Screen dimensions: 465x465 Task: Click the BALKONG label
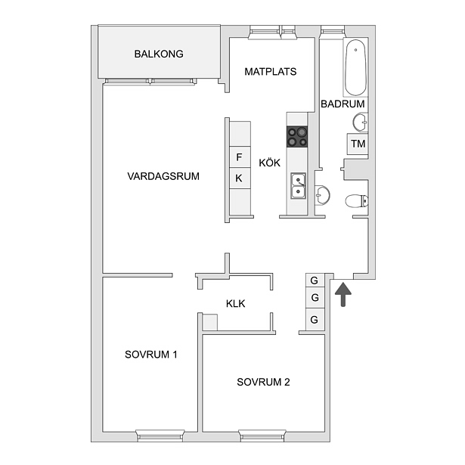pyautogui.click(x=159, y=54)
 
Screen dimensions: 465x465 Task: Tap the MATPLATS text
pyautogui.click(x=271, y=72)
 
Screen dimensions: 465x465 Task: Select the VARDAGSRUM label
pyautogui.click(x=163, y=176)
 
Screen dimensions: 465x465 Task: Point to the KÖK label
pyautogui.click(x=270, y=163)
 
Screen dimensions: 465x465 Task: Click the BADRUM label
pyautogui.click(x=343, y=104)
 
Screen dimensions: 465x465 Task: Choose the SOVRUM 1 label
pyautogui.click(x=151, y=355)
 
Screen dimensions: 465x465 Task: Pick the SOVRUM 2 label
pyautogui.click(x=263, y=382)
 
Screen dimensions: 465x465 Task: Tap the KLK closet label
pyautogui.click(x=235, y=304)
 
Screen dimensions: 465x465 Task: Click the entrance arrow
pyautogui.click(x=343, y=294)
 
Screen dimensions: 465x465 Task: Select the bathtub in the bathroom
pyautogui.click(x=355, y=67)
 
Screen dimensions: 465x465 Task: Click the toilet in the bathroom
pyautogui.click(x=357, y=201)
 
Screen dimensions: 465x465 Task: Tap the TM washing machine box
pyautogui.click(x=358, y=144)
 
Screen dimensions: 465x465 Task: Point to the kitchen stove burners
pyautogui.click(x=297, y=137)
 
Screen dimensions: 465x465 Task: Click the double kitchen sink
pyautogui.click(x=298, y=186)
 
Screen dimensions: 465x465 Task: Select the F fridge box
pyautogui.click(x=240, y=157)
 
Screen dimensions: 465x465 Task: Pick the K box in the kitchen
pyautogui.click(x=240, y=178)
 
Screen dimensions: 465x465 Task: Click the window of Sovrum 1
pyautogui.click(x=160, y=436)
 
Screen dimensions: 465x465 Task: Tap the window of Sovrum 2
pyautogui.click(x=262, y=436)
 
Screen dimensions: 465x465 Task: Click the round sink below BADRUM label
pyautogui.click(x=361, y=122)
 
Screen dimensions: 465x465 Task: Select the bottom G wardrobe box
pyautogui.click(x=315, y=319)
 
